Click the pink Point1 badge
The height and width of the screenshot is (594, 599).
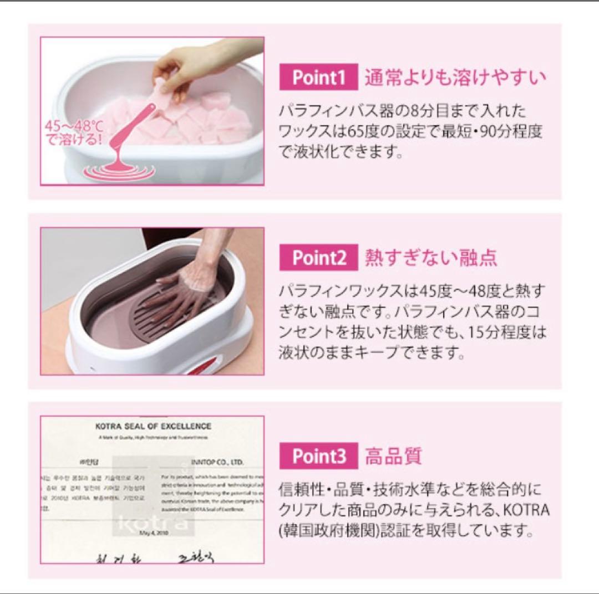tap(318, 78)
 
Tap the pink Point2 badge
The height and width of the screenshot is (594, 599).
tap(319, 258)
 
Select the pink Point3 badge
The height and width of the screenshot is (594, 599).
tap(319, 457)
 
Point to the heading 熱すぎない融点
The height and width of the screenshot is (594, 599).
tap(431, 258)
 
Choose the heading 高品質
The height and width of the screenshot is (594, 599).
tap(393, 457)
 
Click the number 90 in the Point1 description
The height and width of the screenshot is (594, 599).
tap(495, 132)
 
